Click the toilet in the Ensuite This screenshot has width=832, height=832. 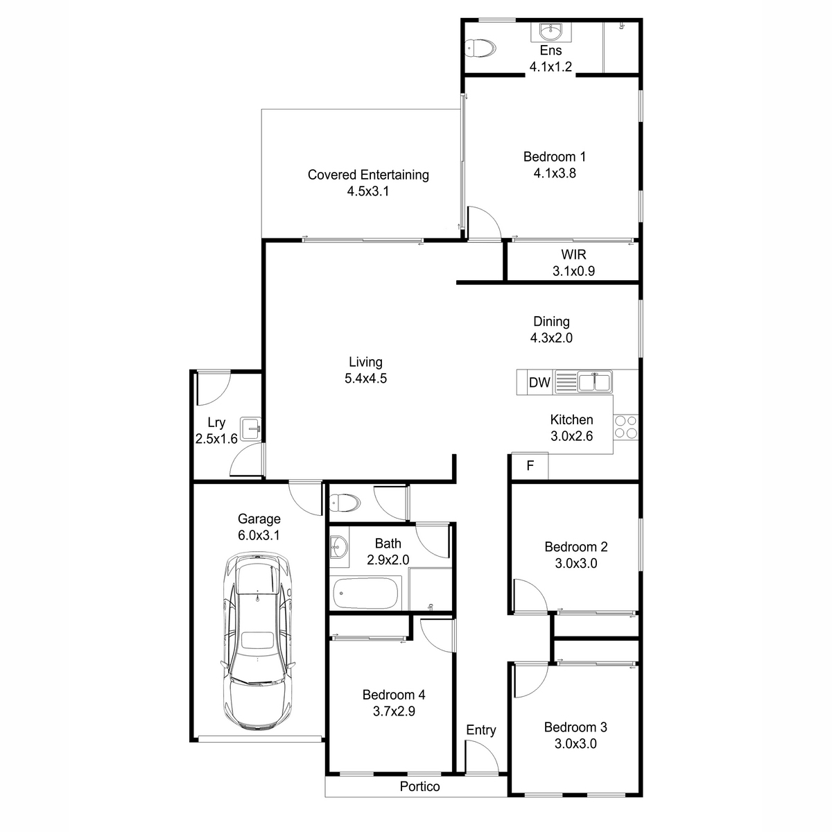480,49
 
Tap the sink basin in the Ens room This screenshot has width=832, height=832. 551,31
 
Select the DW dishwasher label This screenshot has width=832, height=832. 539,382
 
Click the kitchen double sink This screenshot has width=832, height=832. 594,382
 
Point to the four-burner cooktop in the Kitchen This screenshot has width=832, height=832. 625,426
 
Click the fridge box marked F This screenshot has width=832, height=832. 530,465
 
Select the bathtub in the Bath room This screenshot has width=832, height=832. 365,592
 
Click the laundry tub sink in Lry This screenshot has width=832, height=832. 250,428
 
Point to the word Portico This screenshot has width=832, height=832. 419,786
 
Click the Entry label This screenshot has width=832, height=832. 481,729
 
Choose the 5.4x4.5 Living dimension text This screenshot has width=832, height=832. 365,379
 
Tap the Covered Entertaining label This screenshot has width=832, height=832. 368,175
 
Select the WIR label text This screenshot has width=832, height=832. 574,254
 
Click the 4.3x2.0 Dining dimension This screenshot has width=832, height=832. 551,338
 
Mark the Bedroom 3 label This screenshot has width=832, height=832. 575,727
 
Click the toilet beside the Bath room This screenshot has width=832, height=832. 345,503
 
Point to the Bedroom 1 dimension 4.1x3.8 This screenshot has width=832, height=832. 555,173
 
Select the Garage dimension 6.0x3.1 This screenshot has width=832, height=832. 259,535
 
